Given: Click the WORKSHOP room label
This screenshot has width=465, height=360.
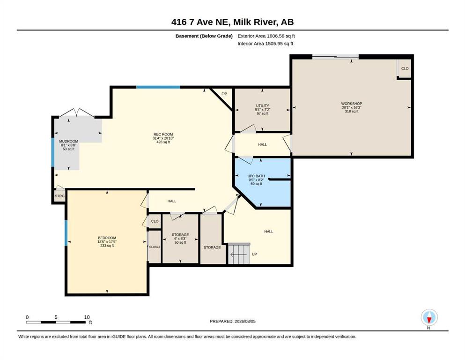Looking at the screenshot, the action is (x=351, y=104).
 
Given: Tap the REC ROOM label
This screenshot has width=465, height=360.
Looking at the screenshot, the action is (x=163, y=135).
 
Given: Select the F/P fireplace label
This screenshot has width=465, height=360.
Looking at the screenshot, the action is (x=224, y=94).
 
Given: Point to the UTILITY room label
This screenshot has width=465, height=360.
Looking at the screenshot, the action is (x=262, y=105).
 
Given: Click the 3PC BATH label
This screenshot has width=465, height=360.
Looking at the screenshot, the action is (x=256, y=176).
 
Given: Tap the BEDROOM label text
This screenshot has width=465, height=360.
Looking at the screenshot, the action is (x=107, y=238).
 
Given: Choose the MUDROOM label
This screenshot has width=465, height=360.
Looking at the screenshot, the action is (x=68, y=141).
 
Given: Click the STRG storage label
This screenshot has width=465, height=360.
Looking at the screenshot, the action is (x=59, y=196).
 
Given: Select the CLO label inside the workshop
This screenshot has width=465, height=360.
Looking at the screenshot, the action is (x=405, y=68).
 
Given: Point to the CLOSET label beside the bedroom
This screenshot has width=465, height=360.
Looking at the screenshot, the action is (x=155, y=247).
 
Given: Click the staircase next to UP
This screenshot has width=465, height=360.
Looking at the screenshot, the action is (x=239, y=254).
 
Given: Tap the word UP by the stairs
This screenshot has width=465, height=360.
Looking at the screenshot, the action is (x=254, y=255).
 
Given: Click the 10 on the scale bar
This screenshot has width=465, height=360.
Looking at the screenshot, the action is (x=87, y=317).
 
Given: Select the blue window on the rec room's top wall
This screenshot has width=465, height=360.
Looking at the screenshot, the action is (x=158, y=87).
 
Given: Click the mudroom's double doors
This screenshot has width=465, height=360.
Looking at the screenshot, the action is (x=77, y=113).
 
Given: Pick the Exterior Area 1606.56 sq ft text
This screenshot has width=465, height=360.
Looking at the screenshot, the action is (x=266, y=36).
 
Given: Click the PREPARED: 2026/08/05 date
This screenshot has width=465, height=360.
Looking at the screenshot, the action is (x=232, y=321).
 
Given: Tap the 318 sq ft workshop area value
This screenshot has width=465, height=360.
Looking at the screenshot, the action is (x=351, y=111).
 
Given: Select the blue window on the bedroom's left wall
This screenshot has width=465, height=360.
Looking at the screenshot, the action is (x=66, y=233).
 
